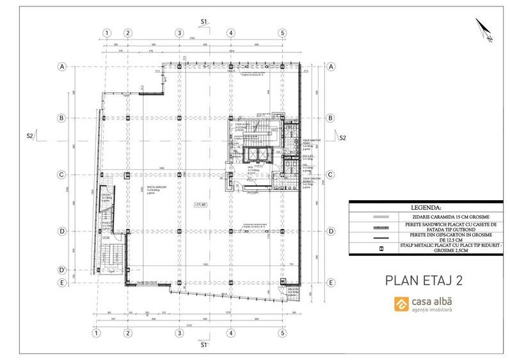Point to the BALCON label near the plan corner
coord(294,289)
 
